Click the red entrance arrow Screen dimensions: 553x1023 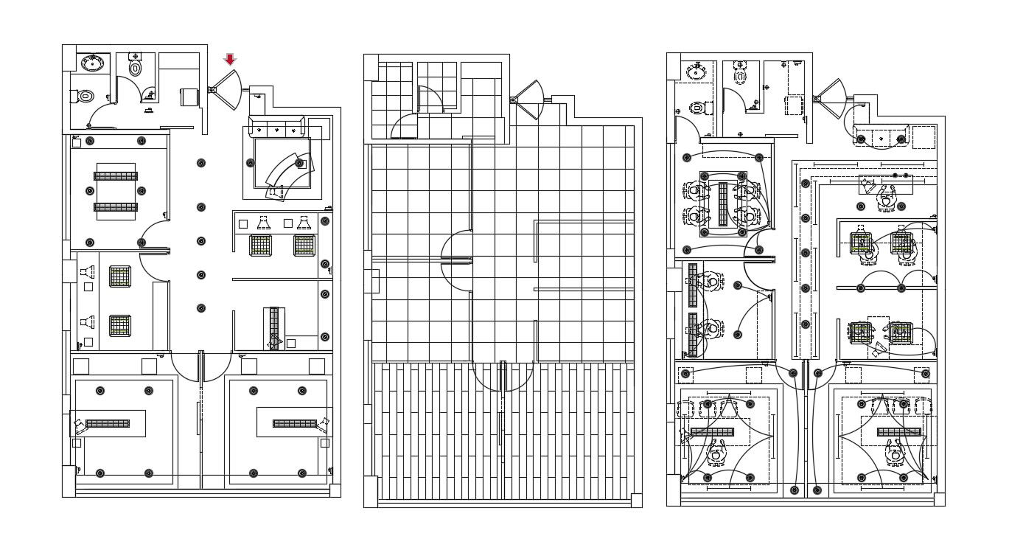pos(230,60)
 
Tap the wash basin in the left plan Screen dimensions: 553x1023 pos(92,63)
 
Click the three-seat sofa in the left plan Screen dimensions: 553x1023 pos(278,126)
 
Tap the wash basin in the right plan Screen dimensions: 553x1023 pos(696,72)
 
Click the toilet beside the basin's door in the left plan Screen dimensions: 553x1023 pos(85,96)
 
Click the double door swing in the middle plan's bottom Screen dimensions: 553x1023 pos(503,376)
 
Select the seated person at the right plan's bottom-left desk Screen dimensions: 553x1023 pos(715,451)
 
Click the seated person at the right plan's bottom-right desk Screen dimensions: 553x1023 pos(895,451)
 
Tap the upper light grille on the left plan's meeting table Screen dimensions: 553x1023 pos(116,175)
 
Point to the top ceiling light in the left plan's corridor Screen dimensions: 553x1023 pos(200,163)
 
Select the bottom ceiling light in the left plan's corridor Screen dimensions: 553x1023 pos(200,308)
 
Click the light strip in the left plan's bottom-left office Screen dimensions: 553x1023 pos(108,423)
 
